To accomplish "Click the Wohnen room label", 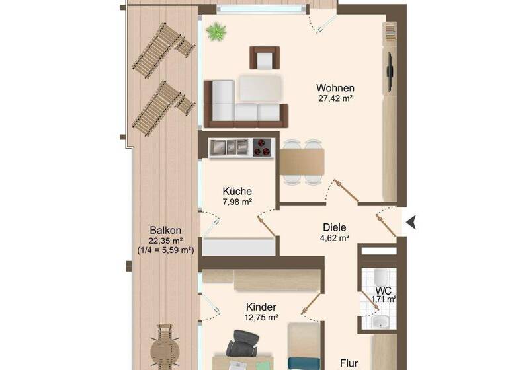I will (335, 88).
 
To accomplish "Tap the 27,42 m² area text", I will (335, 100).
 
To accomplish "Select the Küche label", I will (237, 190).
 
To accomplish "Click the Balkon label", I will (165, 230).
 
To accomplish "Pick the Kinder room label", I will (260, 307).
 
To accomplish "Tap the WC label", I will (383, 290).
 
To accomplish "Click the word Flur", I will (349, 363).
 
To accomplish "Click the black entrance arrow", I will (411, 223).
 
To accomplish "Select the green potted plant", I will (215, 31).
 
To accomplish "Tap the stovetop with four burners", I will (263, 147).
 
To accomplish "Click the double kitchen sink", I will (229, 147).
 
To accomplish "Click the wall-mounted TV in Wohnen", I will (390, 70).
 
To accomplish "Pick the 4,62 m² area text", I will (335, 237).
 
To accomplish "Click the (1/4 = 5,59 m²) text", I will (165, 250).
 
